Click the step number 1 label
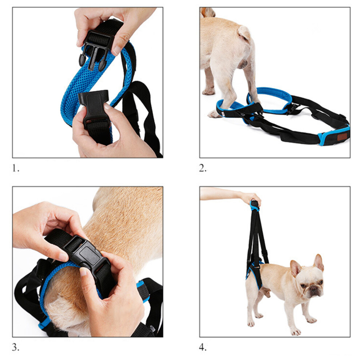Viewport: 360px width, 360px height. (x=15, y=169)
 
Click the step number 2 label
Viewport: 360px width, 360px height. (x=203, y=168)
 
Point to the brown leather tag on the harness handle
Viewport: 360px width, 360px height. (x=342, y=137)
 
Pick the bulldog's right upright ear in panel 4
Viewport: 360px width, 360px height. (x=319, y=262)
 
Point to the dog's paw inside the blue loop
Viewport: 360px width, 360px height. (x=215, y=114)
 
